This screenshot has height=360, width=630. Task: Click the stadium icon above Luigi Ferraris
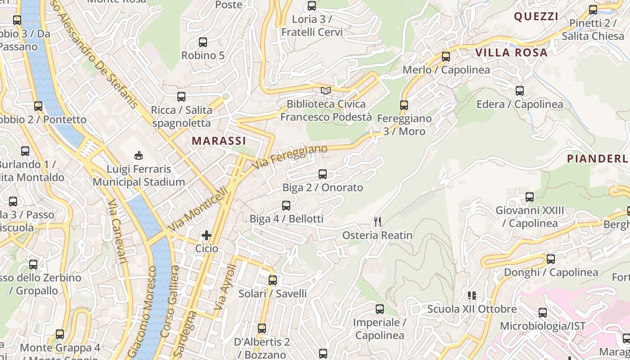point(139,156)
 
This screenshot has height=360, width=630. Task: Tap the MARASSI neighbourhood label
point(219,141)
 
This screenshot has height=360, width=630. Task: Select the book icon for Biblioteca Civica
point(326,91)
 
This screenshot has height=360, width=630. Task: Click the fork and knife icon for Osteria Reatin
point(378,222)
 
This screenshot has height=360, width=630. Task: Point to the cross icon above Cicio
point(207,235)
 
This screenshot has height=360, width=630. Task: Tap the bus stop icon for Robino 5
point(203,42)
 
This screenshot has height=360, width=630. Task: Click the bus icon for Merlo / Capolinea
point(445,57)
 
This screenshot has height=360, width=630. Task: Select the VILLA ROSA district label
point(512,53)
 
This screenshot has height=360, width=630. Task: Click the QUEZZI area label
point(536,17)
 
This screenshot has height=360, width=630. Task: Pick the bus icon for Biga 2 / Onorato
point(322,174)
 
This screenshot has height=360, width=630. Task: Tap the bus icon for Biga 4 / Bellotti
point(286,206)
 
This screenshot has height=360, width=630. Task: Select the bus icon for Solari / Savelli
point(272,280)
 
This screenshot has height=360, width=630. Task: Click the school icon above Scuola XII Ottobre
point(472,296)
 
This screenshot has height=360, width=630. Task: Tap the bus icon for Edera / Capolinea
point(520,91)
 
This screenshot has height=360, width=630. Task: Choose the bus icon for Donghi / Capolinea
point(551,259)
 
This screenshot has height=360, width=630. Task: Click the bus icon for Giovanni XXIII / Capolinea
point(530,197)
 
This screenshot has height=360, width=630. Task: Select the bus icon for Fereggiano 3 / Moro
point(404,105)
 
